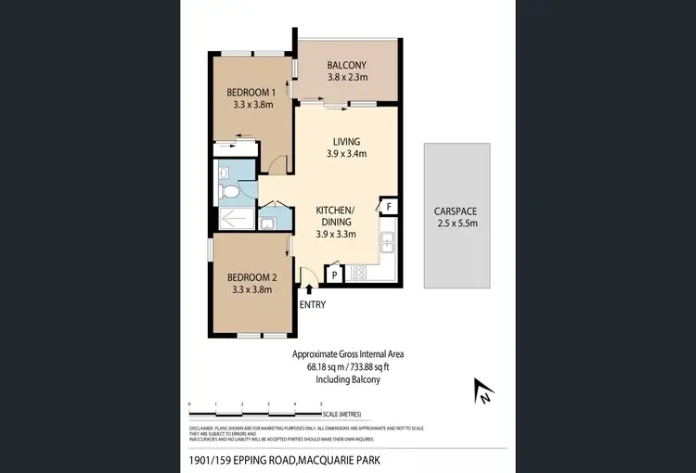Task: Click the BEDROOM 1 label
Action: (252, 92)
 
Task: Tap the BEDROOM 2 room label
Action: (252, 277)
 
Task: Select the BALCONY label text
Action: (346, 65)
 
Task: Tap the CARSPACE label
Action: (456, 211)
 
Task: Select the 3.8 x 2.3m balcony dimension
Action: (346, 78)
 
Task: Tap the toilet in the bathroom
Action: (227, 191)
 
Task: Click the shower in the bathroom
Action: (232, 219)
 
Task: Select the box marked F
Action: (389, 206)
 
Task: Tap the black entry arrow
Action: (309, 290)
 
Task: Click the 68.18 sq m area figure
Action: (327, 366)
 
